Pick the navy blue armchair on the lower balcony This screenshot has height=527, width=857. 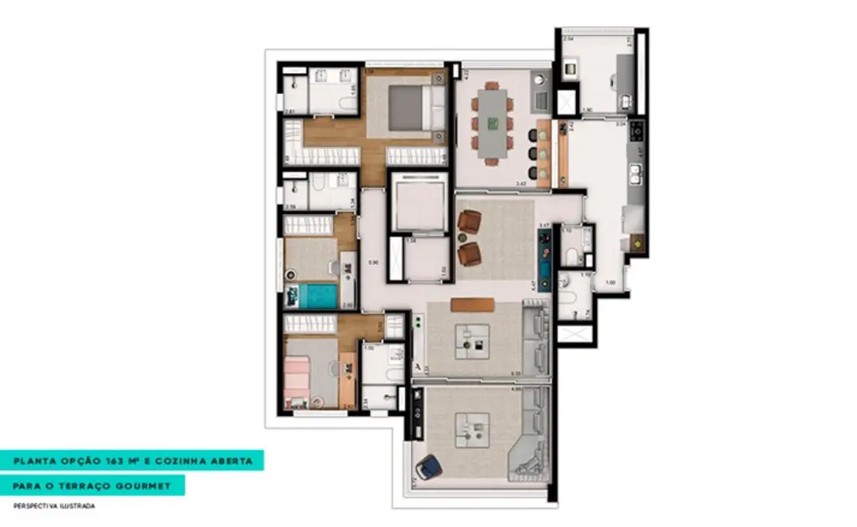pos(431,467)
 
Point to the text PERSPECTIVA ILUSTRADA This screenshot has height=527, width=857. pos(54,506)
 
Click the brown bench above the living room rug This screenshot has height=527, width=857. pos(472,305)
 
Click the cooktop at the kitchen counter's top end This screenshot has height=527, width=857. pos(637,129)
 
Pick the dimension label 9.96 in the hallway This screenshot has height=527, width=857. pos(373,262)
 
